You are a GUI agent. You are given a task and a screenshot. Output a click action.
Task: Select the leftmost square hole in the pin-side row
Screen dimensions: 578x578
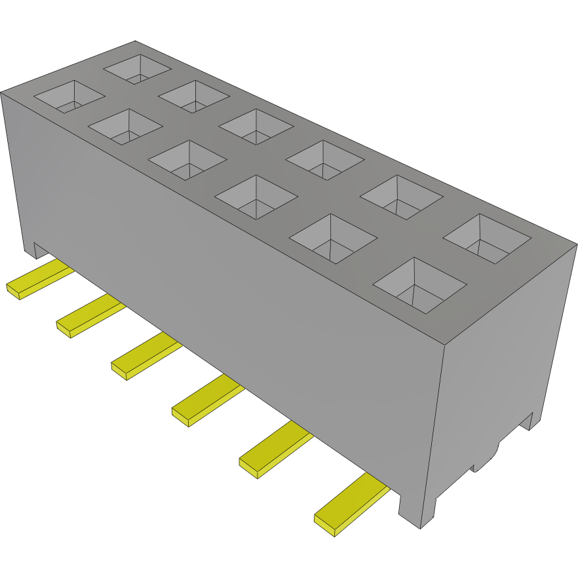(x=69, y=96)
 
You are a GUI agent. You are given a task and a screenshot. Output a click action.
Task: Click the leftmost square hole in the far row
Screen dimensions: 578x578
(x=138, y=69)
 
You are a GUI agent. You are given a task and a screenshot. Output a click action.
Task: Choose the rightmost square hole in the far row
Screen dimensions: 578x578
(x=487, y=239)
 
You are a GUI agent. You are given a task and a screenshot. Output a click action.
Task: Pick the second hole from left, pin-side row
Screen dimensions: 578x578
(x=125, y=126)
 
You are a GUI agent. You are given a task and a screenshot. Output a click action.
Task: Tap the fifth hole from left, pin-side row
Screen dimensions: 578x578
(x=333, y=238)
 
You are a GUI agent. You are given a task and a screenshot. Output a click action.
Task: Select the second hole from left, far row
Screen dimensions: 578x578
(x=193, y=96)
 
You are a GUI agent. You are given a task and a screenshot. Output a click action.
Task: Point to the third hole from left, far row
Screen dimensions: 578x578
(x=256, y=126)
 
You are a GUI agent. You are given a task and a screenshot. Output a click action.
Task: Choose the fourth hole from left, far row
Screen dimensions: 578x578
(x=325, y=159)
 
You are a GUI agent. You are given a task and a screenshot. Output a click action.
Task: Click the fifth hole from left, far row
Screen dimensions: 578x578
(x=402, y=197)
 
